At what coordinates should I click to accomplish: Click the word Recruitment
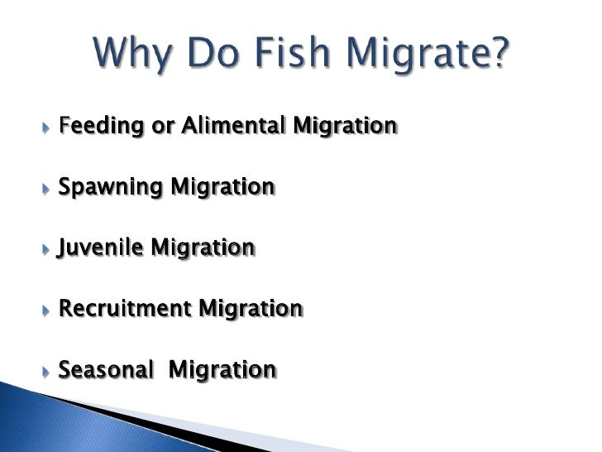click(124, 309)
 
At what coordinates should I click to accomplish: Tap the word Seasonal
click(106, 369)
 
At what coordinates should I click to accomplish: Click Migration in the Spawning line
click(222, 188)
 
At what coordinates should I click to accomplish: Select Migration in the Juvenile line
click(203, 248)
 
